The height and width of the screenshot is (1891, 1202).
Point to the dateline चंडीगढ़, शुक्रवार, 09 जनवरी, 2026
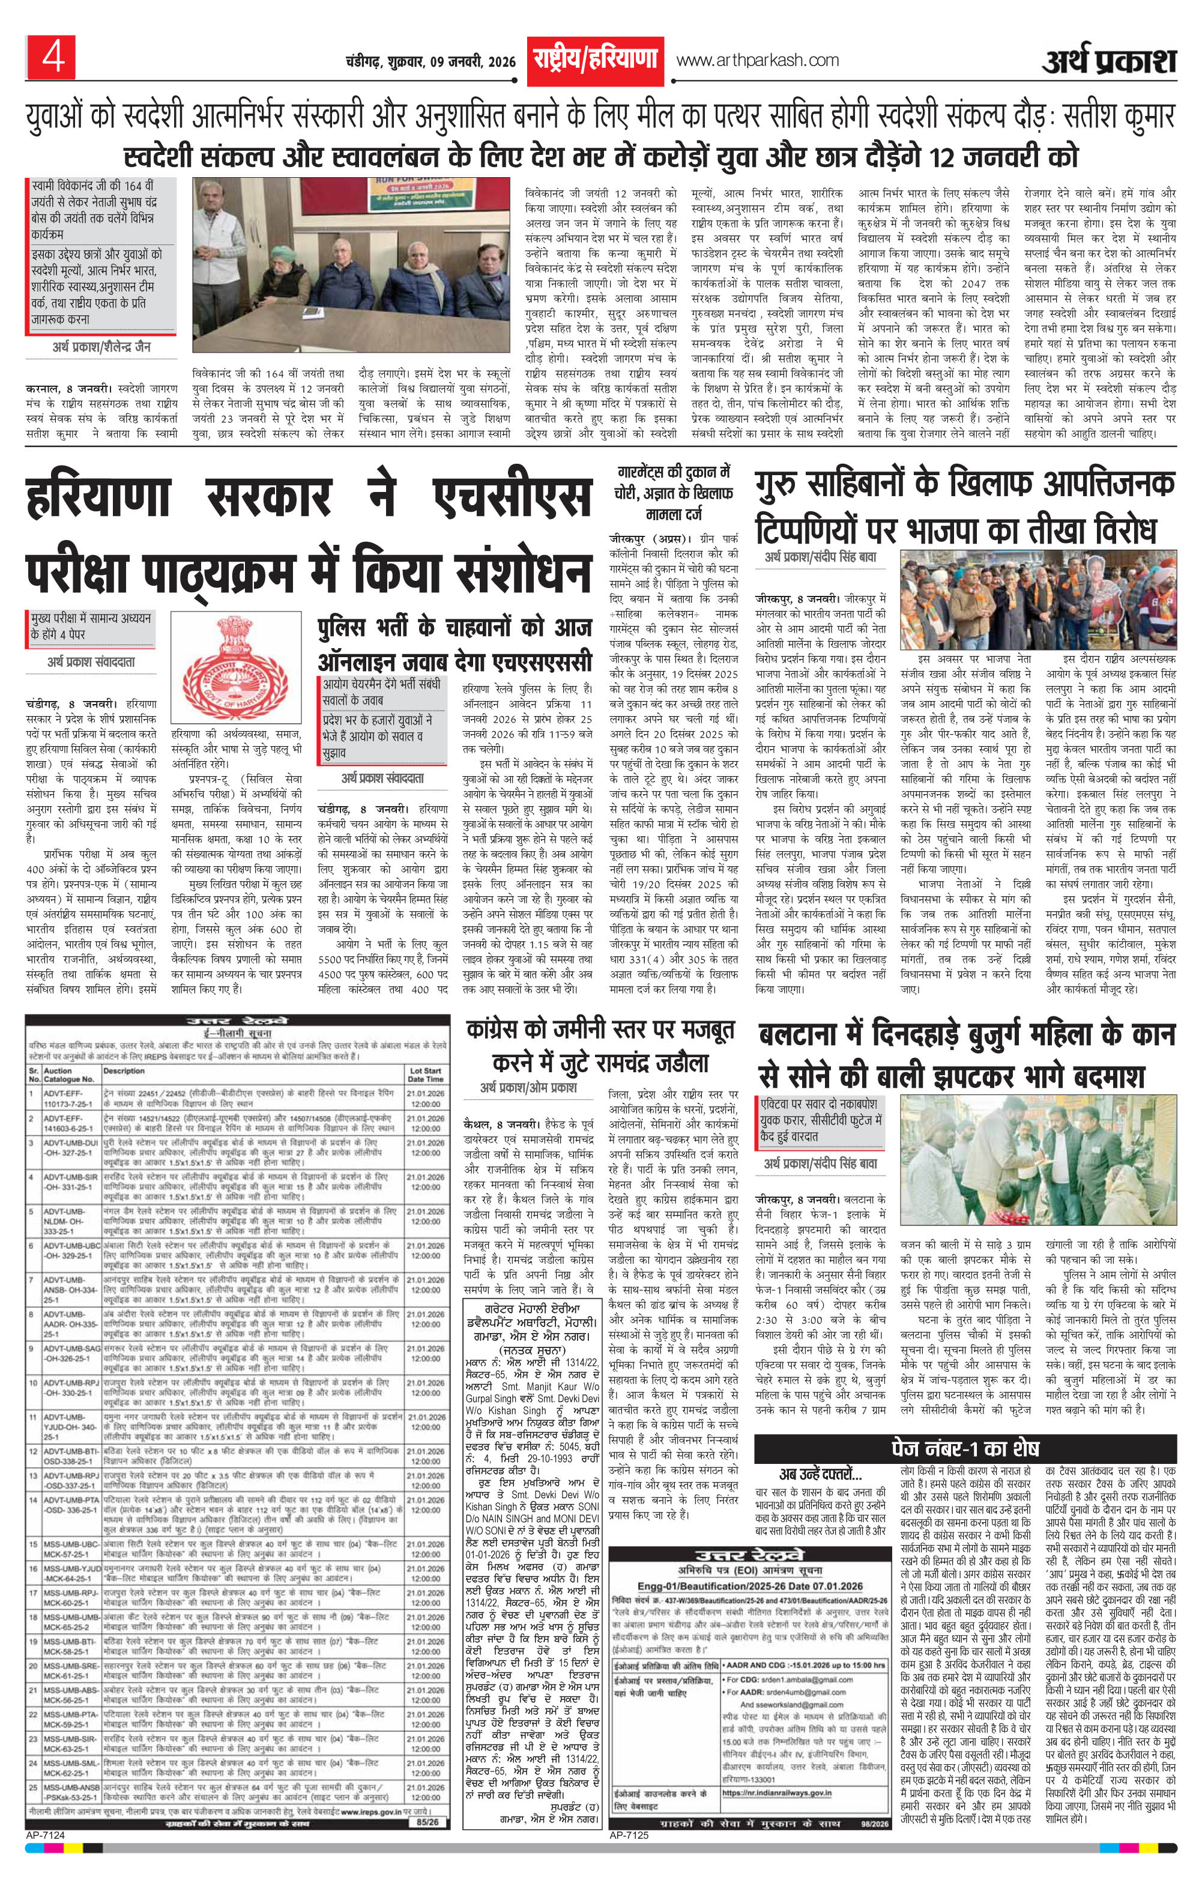(x=430, y=62)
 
